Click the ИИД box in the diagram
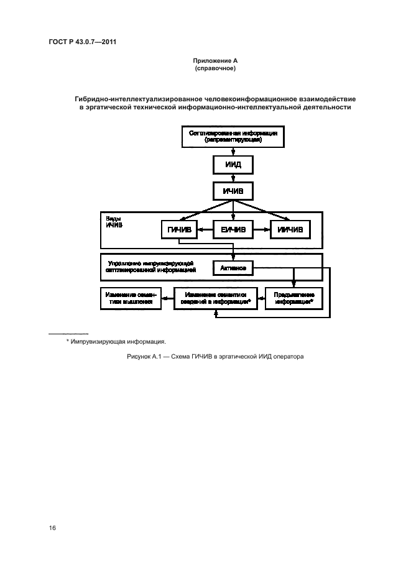(x=233, y=165)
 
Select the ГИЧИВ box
(x=179, y=230)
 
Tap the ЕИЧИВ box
(x=233, y=230)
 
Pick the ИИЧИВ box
(x=289, y=230)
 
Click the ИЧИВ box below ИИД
(x=233, y=191)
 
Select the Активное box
(x=233, y=268)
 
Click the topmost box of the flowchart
(x=233, y=137)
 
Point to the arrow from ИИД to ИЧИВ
(x=233, y=178)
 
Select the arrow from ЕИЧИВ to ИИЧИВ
(x=261, y=230)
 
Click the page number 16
(x=53, y=528)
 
